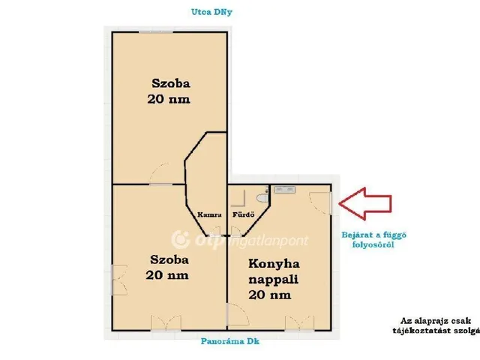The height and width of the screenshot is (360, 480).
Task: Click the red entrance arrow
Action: (365, 203)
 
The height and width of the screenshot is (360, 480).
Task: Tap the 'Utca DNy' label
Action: (211, 12)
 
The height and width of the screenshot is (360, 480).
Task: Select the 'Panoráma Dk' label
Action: (230, 341)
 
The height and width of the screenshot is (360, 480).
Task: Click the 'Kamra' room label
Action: (209, 214)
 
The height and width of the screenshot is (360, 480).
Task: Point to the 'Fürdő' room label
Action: (243, 214)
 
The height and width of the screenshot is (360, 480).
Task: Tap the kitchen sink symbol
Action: (285, 190)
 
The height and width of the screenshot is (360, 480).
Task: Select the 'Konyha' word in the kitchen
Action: (274, 264)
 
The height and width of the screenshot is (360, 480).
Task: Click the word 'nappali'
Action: (273, 280)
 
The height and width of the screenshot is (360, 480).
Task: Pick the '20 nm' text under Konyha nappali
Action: (270, 295)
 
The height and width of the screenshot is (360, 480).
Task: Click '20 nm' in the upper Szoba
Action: (169, 99)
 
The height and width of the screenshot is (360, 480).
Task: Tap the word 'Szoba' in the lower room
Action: (169, 260)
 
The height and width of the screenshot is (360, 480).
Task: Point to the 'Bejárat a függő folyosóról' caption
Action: (373, 240)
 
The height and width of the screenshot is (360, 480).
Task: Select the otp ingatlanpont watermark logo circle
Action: (181, 240)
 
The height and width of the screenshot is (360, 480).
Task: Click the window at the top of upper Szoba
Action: (156, 31)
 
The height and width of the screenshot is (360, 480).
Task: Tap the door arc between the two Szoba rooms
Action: (159, 174)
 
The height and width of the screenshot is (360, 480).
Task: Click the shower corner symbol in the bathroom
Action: (238, 198)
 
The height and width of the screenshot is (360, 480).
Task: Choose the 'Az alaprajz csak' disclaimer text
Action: (436, 321)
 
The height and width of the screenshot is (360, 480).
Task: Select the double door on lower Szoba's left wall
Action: (119, 280)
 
